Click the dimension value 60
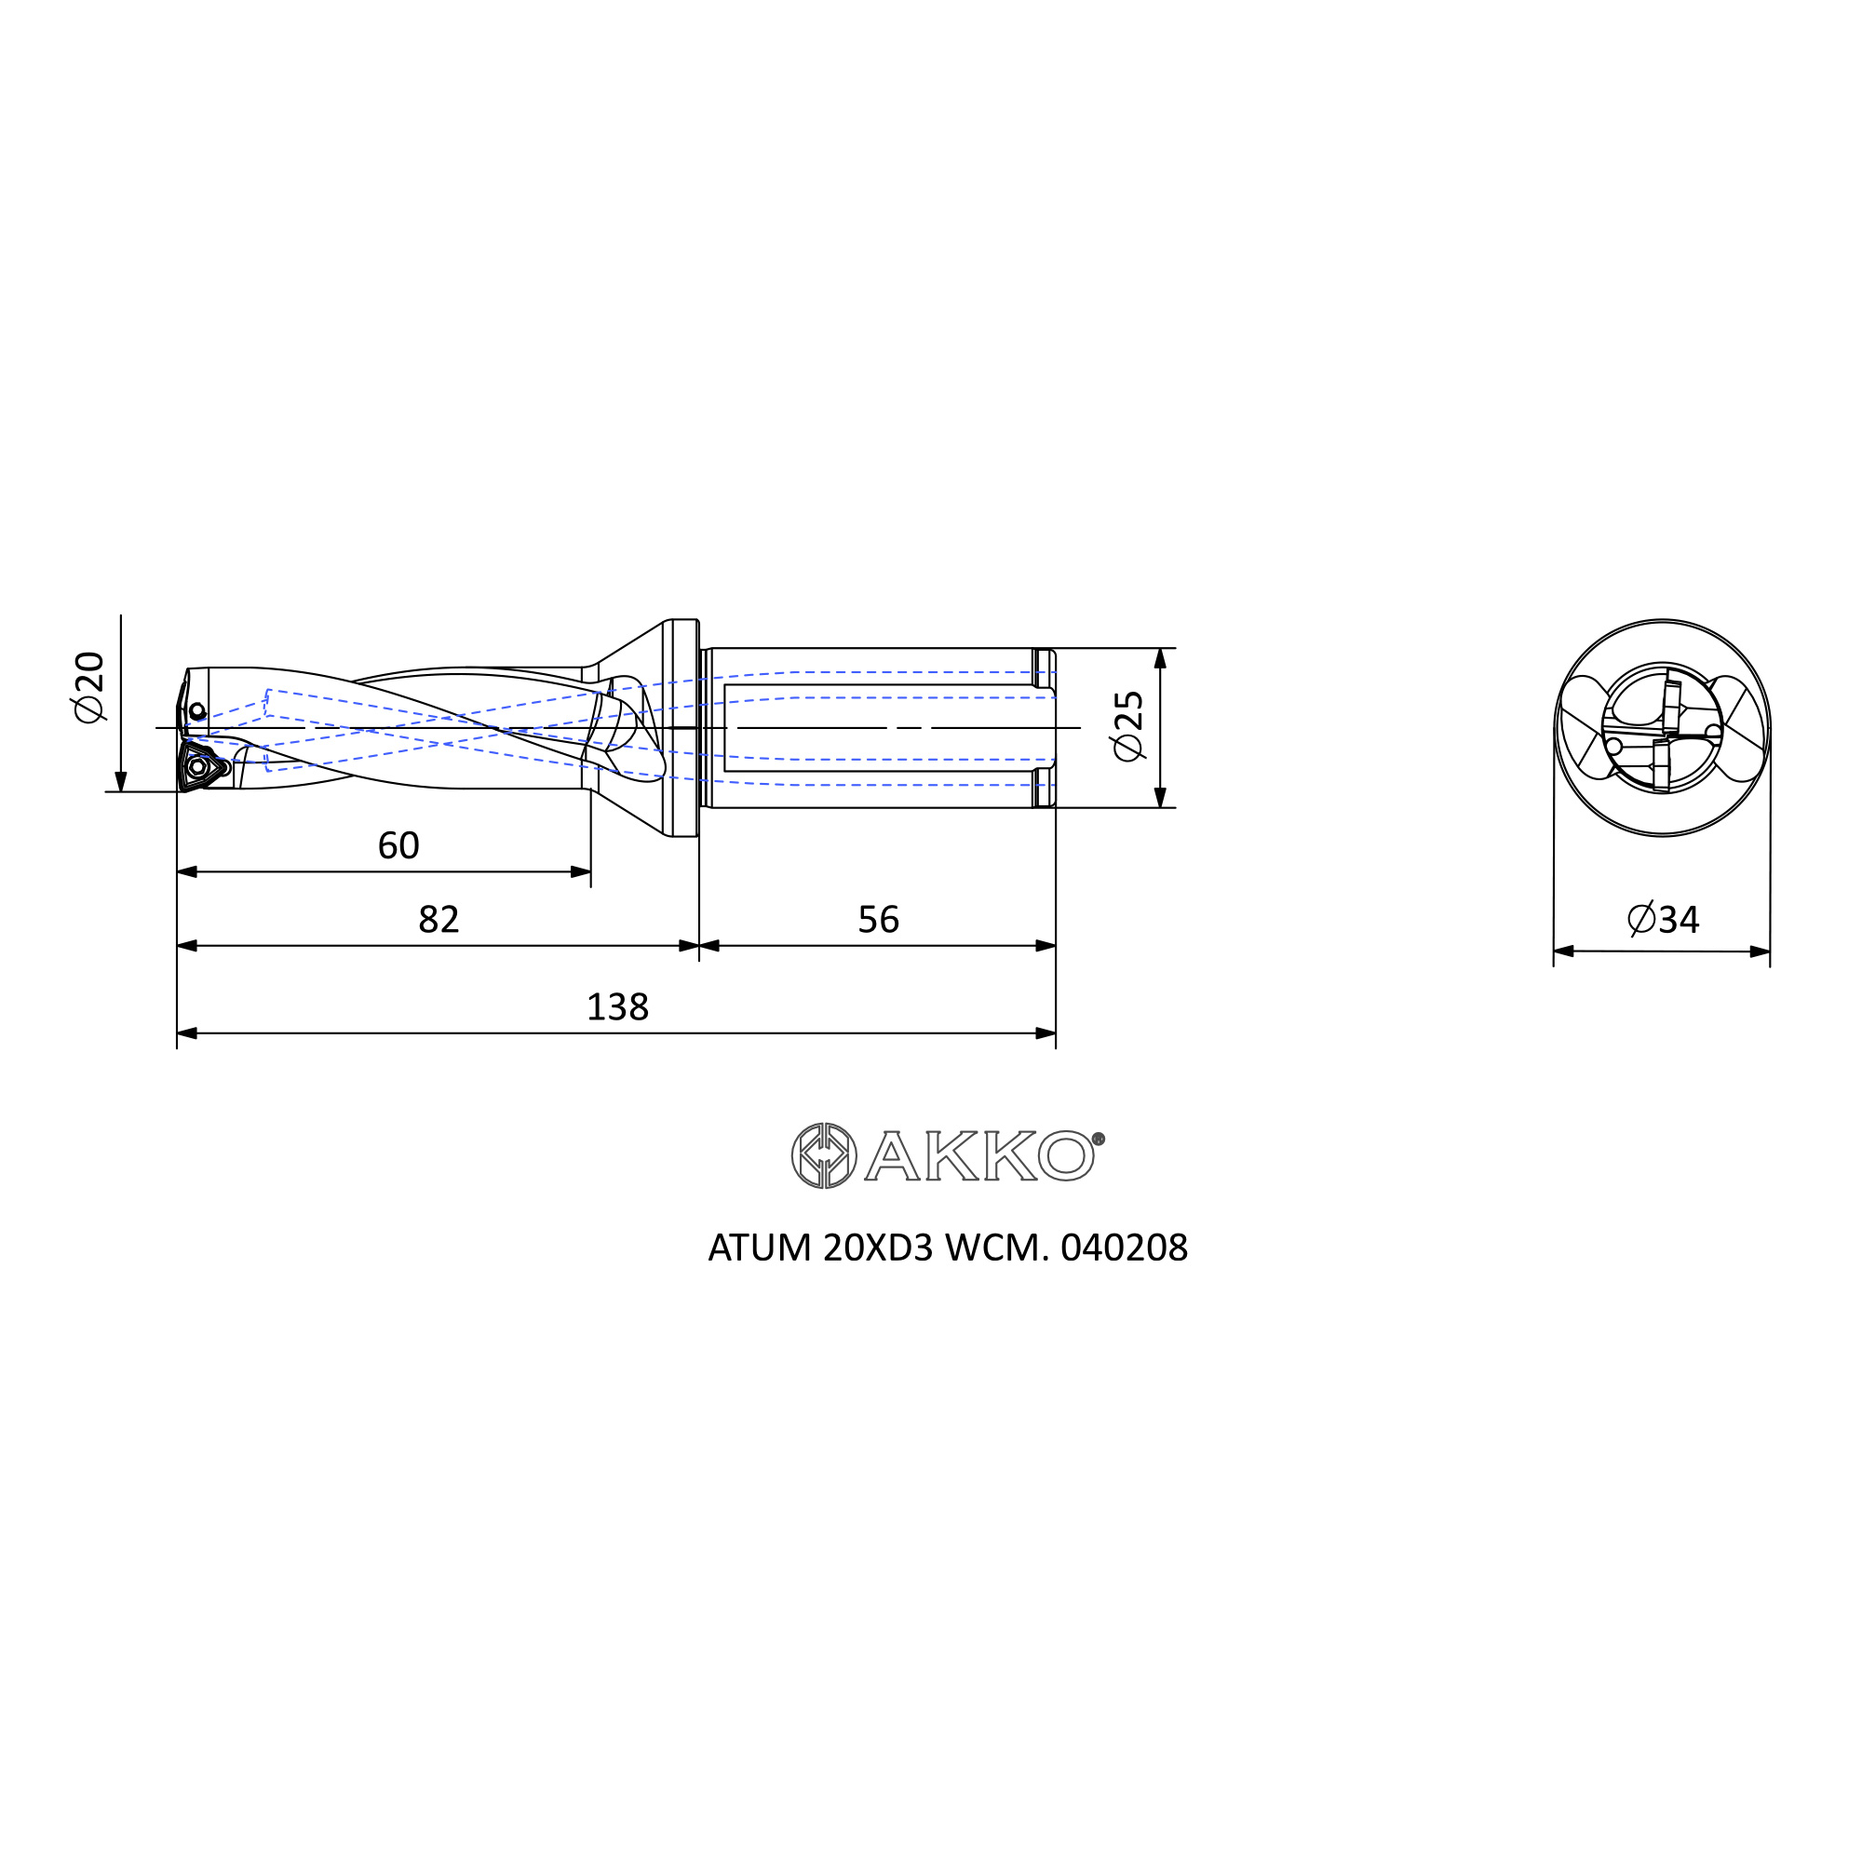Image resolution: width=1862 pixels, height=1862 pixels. pos(398,846)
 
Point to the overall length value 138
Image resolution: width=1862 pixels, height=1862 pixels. pos(618,1008)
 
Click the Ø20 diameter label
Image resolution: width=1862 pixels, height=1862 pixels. pos(88,686)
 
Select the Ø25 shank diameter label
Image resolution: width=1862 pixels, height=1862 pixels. pos(1128,727)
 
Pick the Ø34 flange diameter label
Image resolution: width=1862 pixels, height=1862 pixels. pos(1664,920)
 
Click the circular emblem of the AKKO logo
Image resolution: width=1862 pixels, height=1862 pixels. pos(824,1156)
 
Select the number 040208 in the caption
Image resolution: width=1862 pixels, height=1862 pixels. pos(1124,1249)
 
